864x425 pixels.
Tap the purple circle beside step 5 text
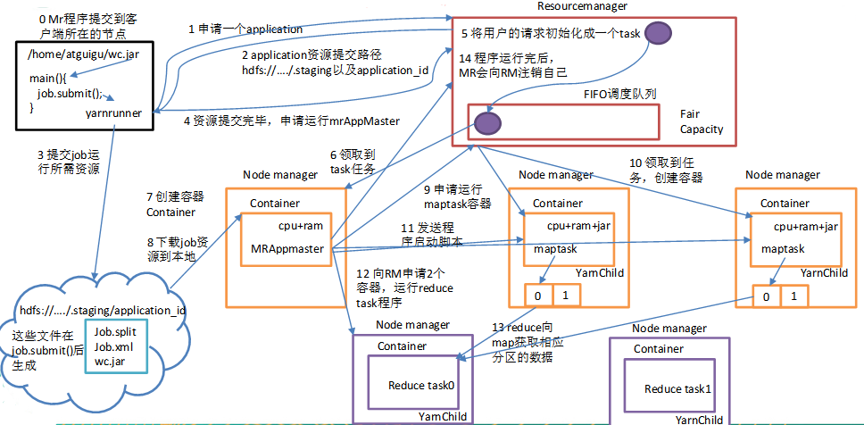pyautogui.click(x=660, y=34)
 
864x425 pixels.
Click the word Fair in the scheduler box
pyautogui.click(x=690, y=113)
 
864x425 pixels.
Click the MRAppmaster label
pyautogui.click(x=287, y=246)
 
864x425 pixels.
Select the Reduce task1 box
pyautogui.click(x=679, y=388)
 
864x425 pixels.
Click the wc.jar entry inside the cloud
pyautogui.click(x=109, y=362)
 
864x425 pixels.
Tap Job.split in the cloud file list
pyautogui.click(x=113, y=333)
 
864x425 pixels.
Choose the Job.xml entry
pyautogui.click(x=112, y=347)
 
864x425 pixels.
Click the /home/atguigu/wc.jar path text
pyautogui.click(x=71, y=56)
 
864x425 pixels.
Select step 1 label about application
pyautogui.click(x=245, y=29)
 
